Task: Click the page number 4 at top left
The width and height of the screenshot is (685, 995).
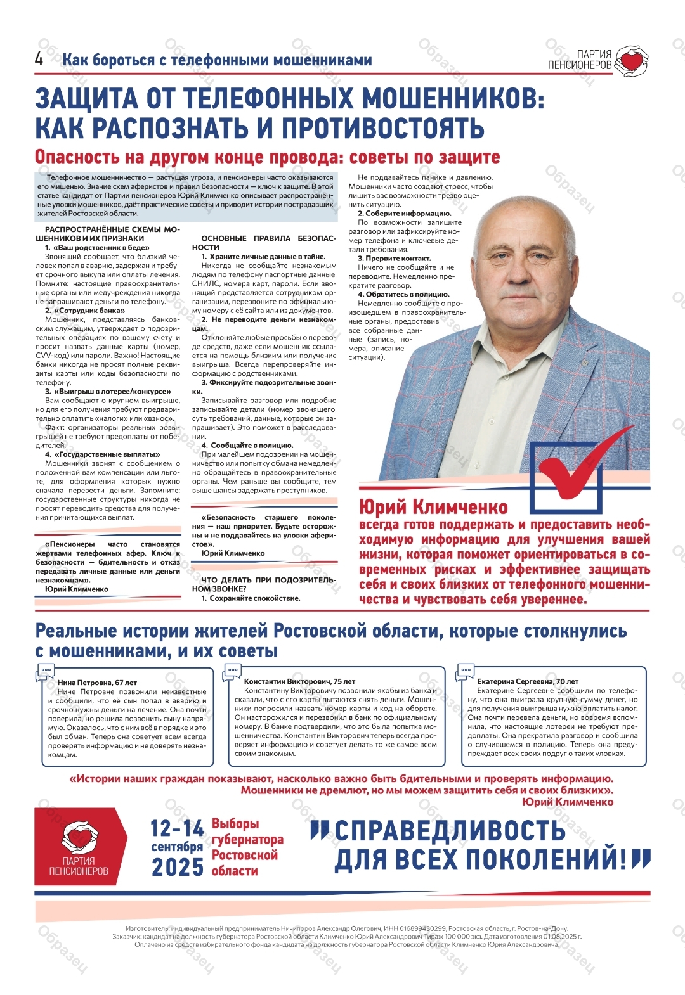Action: [39, 59]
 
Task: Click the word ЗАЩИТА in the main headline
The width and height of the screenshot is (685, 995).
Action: [85, 99]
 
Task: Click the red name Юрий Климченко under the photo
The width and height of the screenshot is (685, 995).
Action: [433, 507]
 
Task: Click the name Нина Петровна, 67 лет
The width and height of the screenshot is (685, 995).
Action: [97, 683]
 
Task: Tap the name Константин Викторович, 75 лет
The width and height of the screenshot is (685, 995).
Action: [299, 681]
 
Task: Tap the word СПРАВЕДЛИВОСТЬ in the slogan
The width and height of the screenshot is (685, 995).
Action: [450, 831]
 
